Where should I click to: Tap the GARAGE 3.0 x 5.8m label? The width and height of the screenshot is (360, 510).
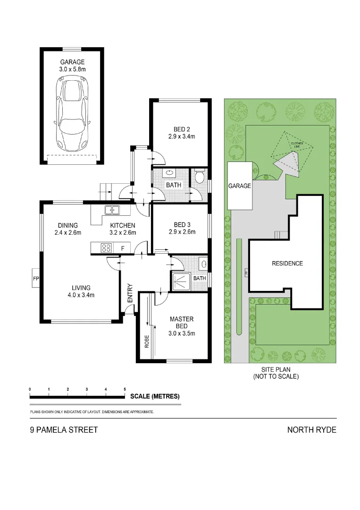(x=72, y=65)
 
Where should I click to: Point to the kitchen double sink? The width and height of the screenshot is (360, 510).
(x=112, y=210)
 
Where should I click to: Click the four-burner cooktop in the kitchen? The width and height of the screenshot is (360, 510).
(x=106, y=248)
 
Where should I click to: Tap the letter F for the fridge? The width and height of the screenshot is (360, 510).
(x=123, y=248)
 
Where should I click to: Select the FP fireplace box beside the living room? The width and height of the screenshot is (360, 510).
(x=36, y=279)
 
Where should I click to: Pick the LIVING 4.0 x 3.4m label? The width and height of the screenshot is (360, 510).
(x=81, y=291)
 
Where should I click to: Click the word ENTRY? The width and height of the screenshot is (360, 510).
(x=130, y=294)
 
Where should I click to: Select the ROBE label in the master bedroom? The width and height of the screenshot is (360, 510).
(x=147, y=341)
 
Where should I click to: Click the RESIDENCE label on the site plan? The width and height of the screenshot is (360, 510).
(x=287, y=263)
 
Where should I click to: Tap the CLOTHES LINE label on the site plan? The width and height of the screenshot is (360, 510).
(x=297, y=145)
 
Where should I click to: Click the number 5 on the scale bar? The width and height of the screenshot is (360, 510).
(x=125, y=389)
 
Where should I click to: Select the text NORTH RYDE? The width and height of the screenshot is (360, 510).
(x=311, y=430)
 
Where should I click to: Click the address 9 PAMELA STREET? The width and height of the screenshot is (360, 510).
(x=64, y=430)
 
